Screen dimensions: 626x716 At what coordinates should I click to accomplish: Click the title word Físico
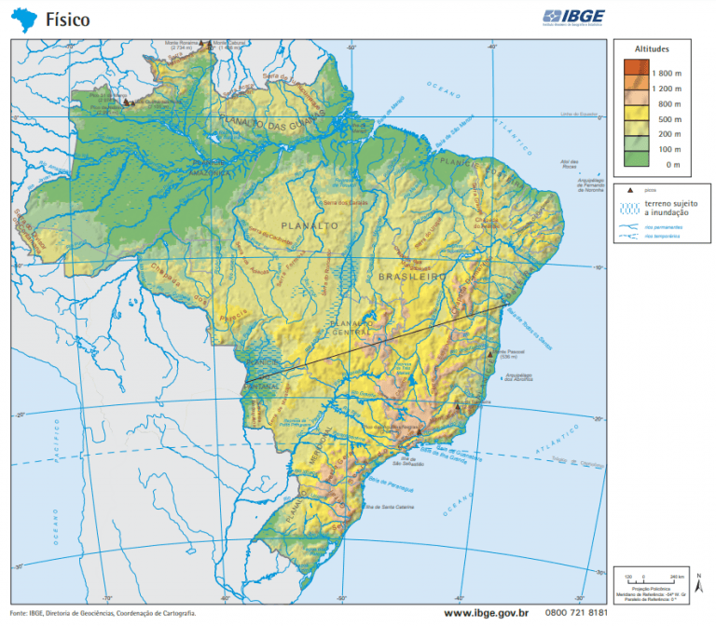click(68, 18)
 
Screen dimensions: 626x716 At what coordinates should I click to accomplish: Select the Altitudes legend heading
click(652, 48)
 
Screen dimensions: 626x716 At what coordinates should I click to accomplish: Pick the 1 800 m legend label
click(666, 73)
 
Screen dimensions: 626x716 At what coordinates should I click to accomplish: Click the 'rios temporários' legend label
click(663, 237)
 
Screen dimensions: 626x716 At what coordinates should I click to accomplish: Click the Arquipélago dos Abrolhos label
click(521, 377)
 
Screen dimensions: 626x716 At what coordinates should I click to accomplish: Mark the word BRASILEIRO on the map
click(414, 278)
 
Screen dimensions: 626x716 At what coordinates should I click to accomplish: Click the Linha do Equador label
click(580, 115)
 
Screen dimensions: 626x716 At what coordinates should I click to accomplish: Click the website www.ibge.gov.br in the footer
click(487, 612)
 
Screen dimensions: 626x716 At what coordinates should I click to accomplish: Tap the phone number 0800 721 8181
click(576, 612)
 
